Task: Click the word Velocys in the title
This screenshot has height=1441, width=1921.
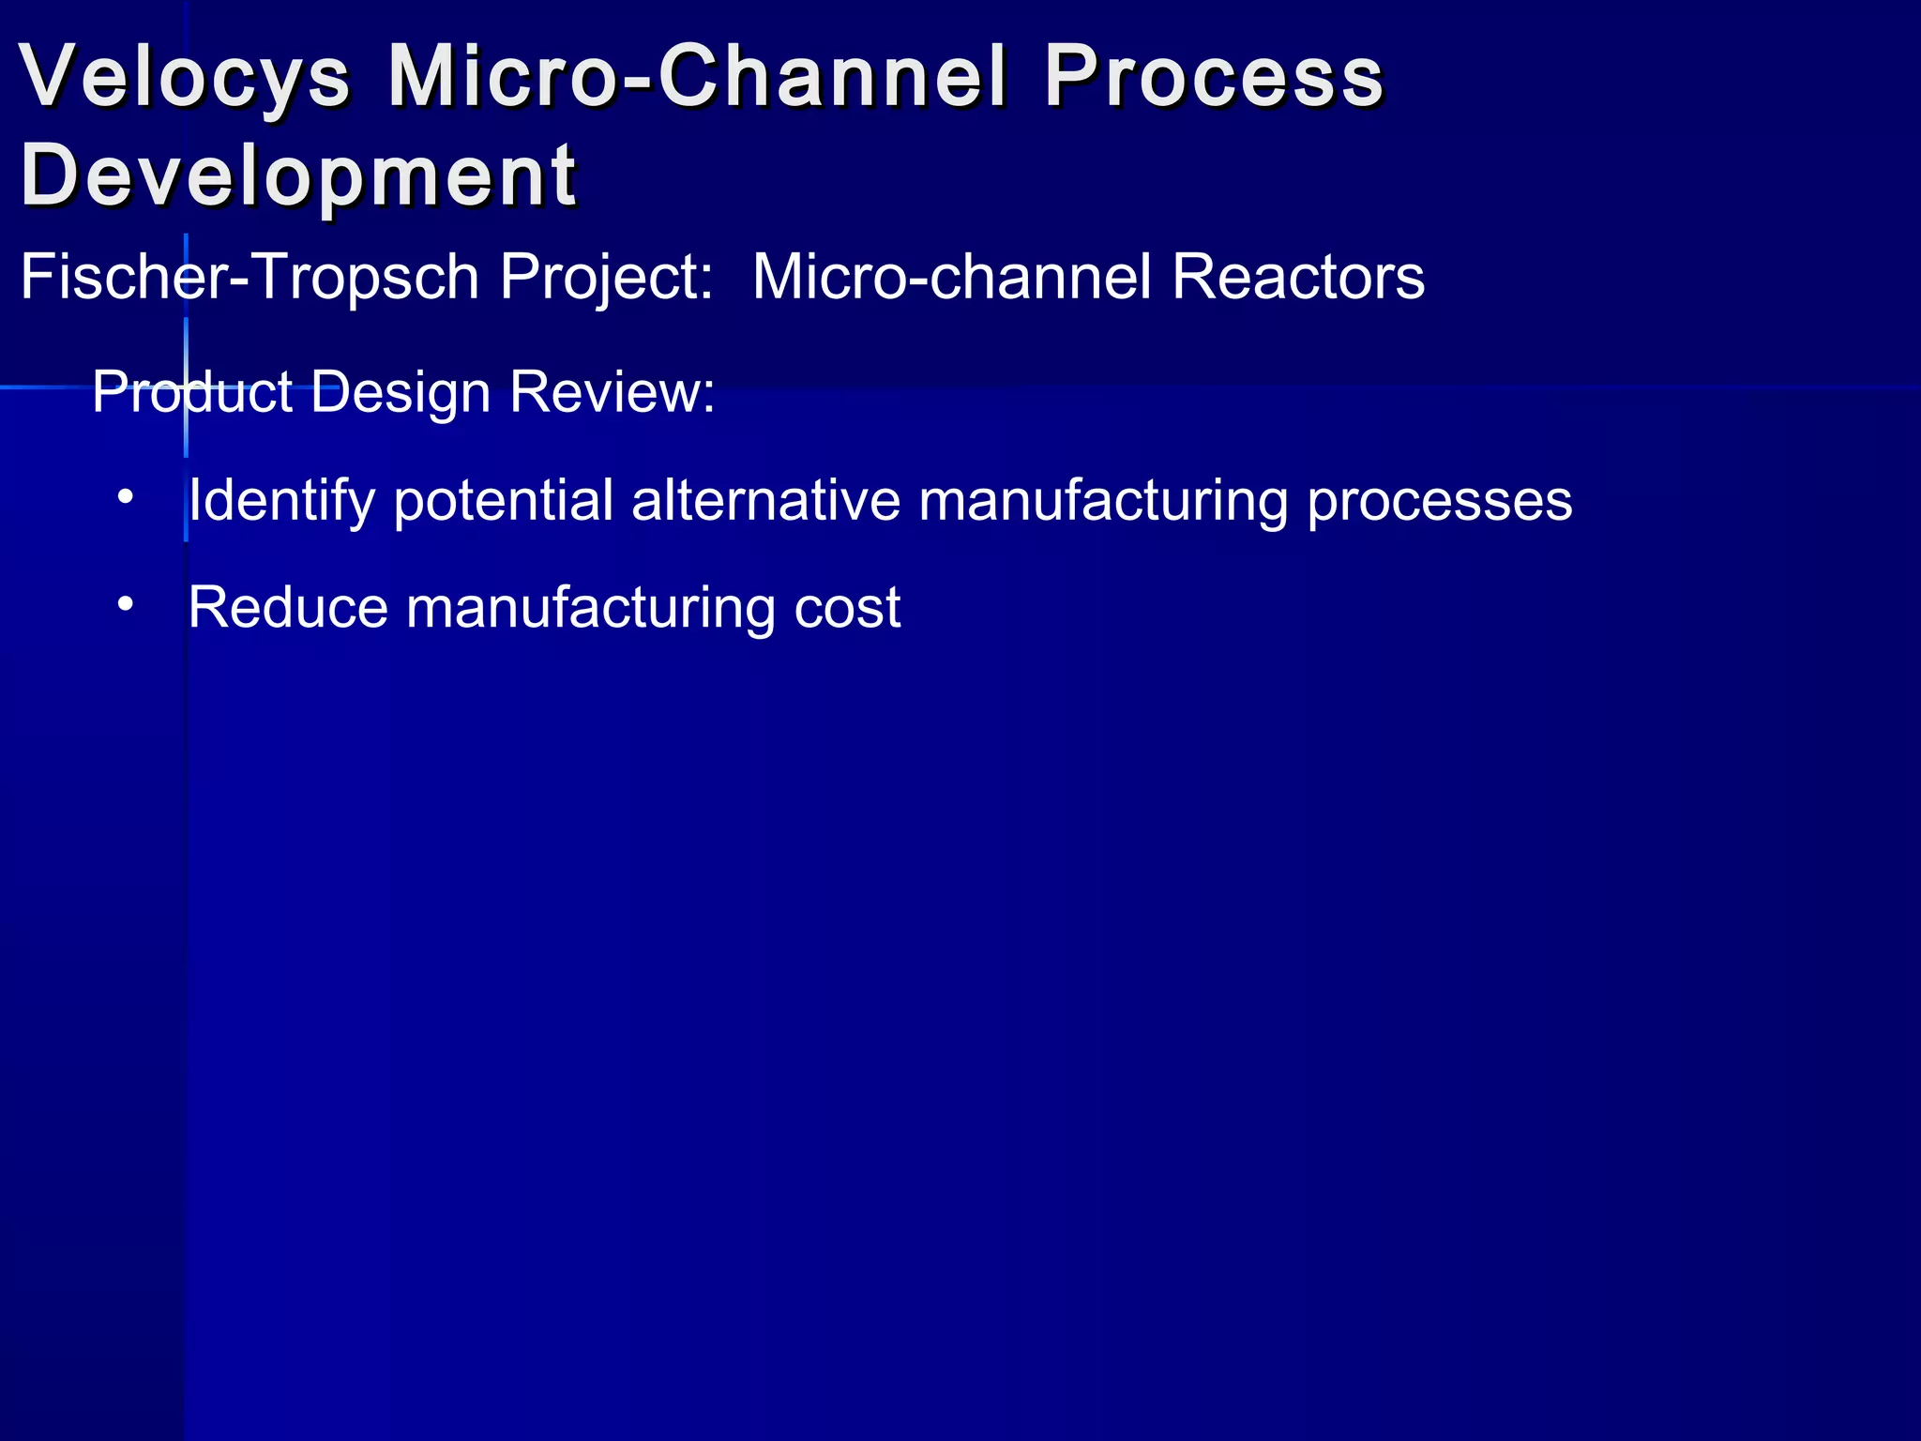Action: pyautogui.click(x=185, y=77)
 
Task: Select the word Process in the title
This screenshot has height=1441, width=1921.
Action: pyautogui.click(x=1214, y=77)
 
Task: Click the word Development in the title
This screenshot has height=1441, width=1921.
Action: pyautogui.click(x=298, y=176)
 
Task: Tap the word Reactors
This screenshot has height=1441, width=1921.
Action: pyautogui.click(x=1298, y=278)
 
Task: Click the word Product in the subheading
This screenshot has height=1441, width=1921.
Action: pyautogui.click(x=192, y=391)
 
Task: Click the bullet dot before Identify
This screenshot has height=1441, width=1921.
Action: pyautogui.click(x=126, y=496)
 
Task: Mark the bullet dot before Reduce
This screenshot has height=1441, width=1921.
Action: pyautogui.click(x=126, y=604)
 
